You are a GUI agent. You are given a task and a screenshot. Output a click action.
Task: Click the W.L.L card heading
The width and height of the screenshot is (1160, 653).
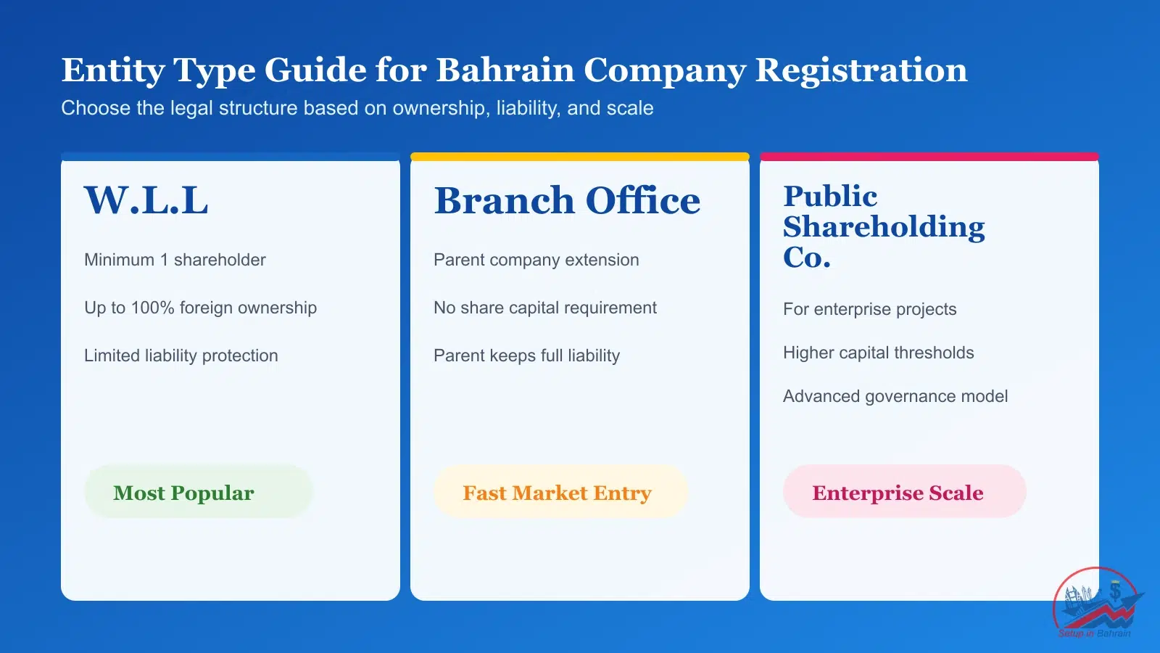tap(146, 201)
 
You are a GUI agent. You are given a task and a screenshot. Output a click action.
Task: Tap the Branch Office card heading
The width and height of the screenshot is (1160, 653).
tap(567, 201)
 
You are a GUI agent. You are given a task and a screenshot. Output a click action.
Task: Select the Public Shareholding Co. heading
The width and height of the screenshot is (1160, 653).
tap(883, 226)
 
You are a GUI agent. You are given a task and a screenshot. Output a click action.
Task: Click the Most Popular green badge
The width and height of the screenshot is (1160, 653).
tap(198, 492)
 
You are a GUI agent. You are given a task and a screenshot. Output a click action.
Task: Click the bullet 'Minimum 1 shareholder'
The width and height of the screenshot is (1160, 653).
tap(175, 260)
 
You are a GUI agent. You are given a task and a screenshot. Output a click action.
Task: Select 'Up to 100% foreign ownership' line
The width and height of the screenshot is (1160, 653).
tap(200, 308)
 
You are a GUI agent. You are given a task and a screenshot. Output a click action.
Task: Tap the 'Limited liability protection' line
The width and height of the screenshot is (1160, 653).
tap(181, 356)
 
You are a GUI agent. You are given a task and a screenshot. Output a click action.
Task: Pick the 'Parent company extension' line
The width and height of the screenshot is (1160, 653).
tap(536, 260)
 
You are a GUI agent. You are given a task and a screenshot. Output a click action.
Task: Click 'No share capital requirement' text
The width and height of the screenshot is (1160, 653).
tap(544, 308)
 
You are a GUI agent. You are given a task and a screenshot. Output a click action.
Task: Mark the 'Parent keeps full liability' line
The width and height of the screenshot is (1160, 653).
tap(526, 356)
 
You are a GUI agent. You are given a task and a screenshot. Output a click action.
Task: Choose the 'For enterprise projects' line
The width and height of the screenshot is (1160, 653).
tap(869, 309)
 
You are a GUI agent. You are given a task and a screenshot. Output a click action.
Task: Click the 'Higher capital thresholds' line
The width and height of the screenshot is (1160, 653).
tap(878, 353)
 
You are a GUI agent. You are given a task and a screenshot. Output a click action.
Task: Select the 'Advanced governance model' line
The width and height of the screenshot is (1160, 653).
tap(895, 396)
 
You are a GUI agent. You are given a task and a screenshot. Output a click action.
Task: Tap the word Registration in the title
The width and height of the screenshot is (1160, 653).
tap(861, 70)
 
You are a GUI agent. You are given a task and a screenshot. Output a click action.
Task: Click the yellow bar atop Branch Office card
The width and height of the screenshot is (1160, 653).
tap(579, 157)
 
